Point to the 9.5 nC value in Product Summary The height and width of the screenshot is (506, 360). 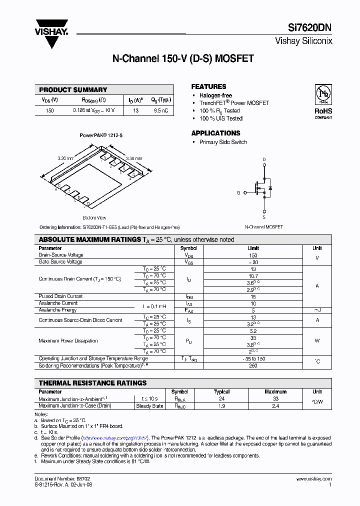click(x=161, y=110)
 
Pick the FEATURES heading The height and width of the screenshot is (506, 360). click(x=208, y=86)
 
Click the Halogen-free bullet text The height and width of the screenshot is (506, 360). click(x=215, y=95)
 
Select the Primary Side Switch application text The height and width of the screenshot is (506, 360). click(x=223, y=142)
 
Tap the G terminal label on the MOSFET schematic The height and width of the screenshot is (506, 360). click(x=238, y=192)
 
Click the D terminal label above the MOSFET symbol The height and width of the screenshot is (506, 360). click(x=264, y=160)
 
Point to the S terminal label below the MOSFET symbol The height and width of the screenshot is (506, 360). click(x=264, y=217)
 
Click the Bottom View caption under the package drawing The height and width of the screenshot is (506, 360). click(x=94, y=217)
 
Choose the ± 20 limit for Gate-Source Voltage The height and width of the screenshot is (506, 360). click(x=253, y=262)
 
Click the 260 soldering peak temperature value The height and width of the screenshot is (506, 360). click(x=253, y=365)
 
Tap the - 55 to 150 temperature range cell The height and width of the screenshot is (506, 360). click(x=253, y=358)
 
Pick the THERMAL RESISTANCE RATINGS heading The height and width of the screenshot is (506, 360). click(x=92, y=383)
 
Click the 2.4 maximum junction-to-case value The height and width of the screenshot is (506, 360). click(x=275, y=406)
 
